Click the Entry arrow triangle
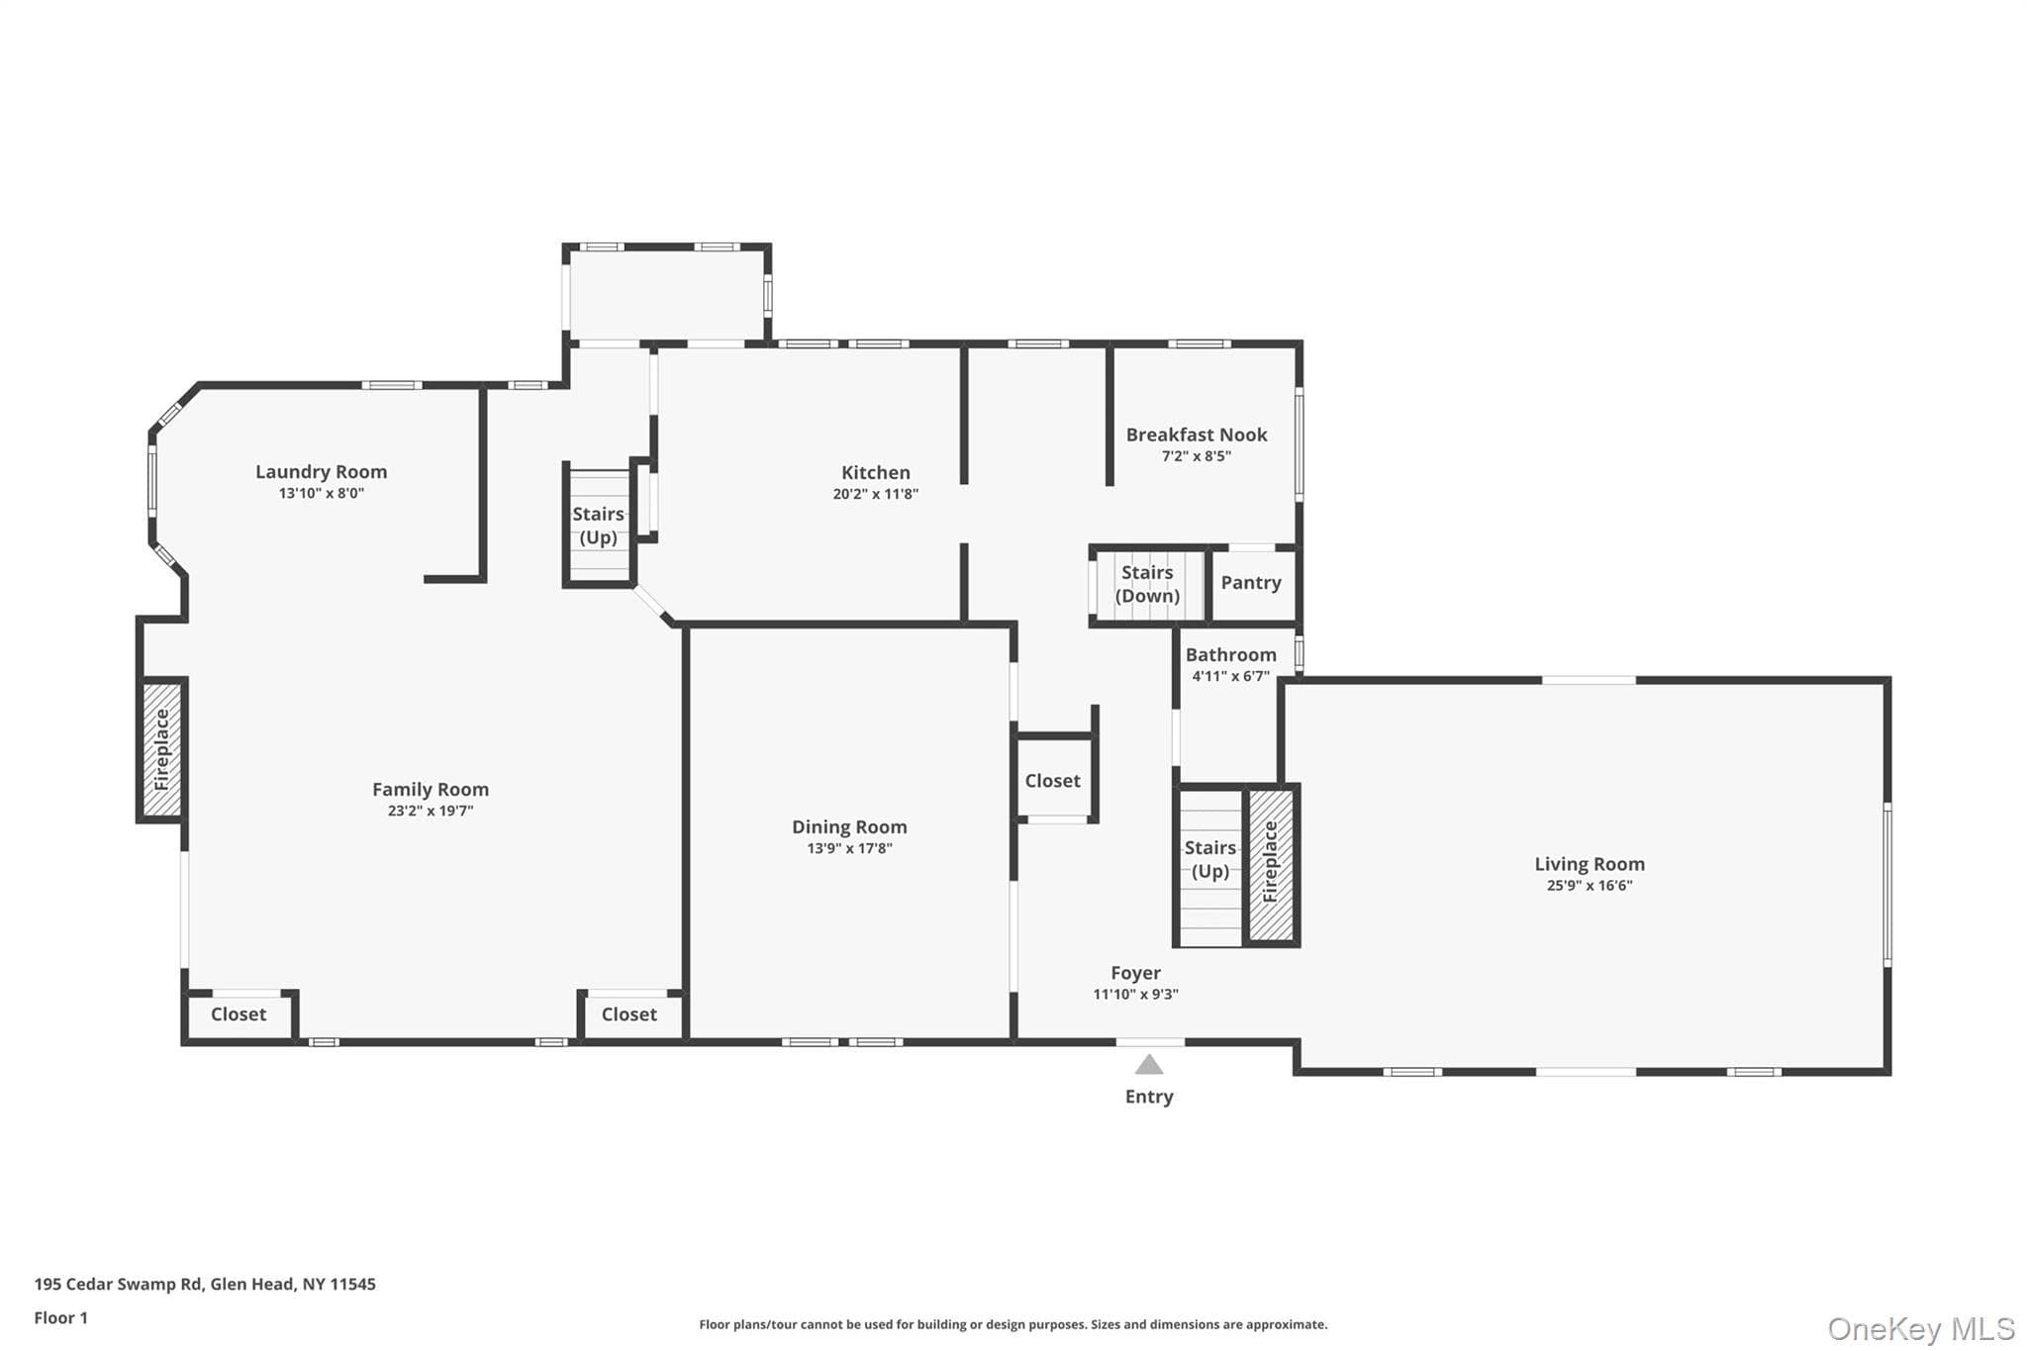click(x=1148, y=1064)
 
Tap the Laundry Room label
click(x=321, y=472)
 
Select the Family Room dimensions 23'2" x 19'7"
click(x=430, y=811)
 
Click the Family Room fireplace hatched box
click(x=162, y=750)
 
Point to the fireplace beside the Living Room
click(x=1271, y=864)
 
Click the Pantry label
click(x=1251, y=583)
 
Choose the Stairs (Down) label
click(x=1147, y=584)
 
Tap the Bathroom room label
click(x=1231, y=655)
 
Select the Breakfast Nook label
click(x=1197, y=434)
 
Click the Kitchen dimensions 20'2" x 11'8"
click(x=876, y=494)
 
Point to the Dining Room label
click(x=849, y=826)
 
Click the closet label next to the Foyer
click(x=1052, y=781)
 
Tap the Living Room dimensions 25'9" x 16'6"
click(x=1590, y=886)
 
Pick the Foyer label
click(x=1135, y=973)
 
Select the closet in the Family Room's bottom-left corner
click(x=239, y=1014)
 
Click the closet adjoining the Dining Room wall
click(x=629, y=1014)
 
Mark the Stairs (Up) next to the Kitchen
click(x=598, y=526)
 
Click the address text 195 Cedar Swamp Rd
click(x=119, y=1284)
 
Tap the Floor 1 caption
click(x=61, y=1317)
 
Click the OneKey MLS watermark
click(x=1921, y=1328)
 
